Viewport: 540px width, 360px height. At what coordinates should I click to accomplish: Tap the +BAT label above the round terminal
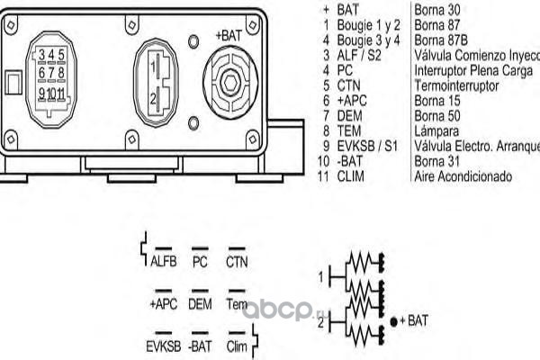pyautogui.click(x=228, y=35)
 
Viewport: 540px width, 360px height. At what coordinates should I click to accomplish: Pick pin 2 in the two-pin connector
pyautogui.click(x=156, y=96)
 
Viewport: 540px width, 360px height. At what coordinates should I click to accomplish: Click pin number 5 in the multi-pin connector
pyautogui.click(x=61, y=56)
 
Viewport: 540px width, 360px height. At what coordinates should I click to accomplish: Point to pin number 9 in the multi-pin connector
pyautogui.click(x=41, y=93)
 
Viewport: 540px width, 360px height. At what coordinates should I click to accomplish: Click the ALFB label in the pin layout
pyautogui.click(x=164, y=263)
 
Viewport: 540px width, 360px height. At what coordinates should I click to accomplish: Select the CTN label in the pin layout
pyautogui.click(x=237, y=263)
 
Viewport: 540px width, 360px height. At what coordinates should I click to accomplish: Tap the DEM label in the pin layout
pyautogui.click(x=200, y=304)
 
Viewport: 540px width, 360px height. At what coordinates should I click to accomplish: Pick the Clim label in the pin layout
pyautogui.click(x=237, y=346)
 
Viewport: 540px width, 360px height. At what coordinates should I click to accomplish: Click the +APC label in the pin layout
pyautogui.click(x=163, y=304)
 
